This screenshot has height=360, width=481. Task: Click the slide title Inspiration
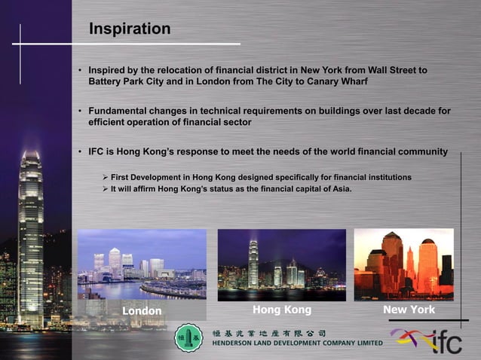tap(130, 29)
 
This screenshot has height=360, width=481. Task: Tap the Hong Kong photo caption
tap(281, 310)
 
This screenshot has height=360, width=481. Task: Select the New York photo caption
tap(409, 310)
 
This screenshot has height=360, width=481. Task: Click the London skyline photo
tap(142, 264)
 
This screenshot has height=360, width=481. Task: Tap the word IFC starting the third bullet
tap(97, 151)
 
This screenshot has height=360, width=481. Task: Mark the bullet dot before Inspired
tap(79, 71)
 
